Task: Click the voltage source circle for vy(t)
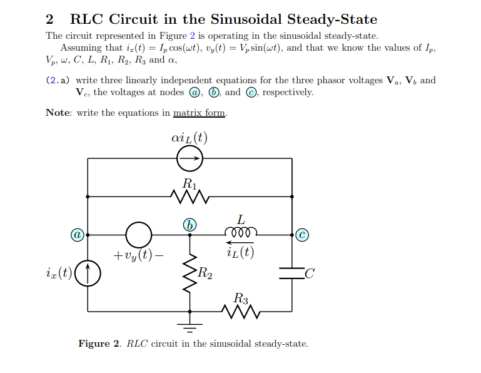click(x=138, y=235)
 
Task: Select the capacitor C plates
click(x=291, y=273)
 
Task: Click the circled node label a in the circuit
click(x=76, y=235)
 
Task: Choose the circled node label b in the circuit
click(x=190, y=224)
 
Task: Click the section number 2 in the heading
click(x=51, y=19)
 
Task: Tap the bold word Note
click(x=59, y=113)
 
